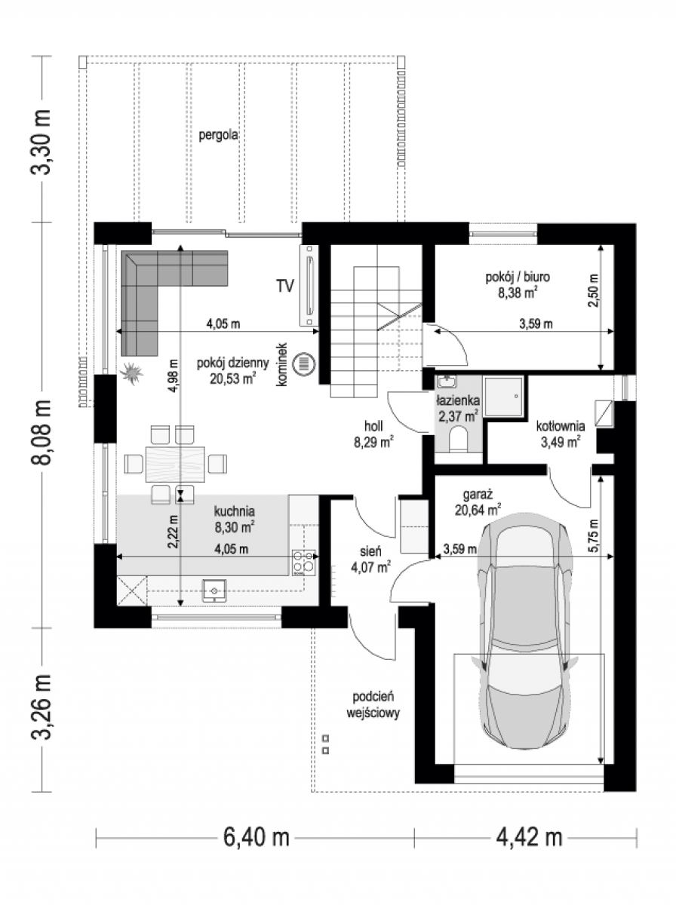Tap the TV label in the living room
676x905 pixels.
click(285, 286)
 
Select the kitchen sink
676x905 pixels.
click(214, 590)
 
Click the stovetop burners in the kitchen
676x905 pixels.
click(304, 563)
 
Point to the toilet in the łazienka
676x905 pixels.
click(458, 440)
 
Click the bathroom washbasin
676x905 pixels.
click(447, 382)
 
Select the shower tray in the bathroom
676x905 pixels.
click(503, 396)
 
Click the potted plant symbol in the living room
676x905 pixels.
click(131, 373)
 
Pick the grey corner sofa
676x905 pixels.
click(165, 289)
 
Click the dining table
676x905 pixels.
click(175, 464)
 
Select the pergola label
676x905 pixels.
click(218, 135)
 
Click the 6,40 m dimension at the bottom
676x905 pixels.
click(257, 837)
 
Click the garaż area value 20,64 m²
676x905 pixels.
click(478, 510)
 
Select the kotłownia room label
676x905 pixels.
click(561, 426)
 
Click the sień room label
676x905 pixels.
click(370, 551)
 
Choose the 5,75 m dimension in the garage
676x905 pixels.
click(593, 535)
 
